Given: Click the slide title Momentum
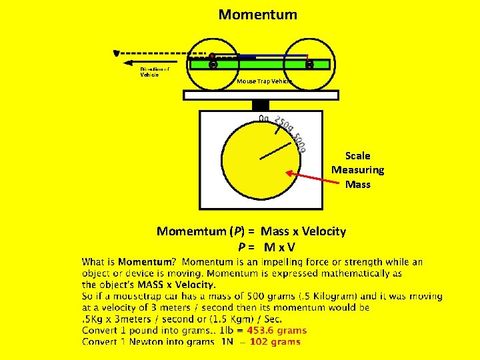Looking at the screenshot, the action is (257, 14).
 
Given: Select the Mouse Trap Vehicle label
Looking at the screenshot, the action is (264, 81).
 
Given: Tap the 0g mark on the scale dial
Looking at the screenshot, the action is (263, 119).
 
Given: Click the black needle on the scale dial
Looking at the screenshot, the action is (275, 151).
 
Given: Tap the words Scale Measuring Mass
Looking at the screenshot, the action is (358, 170).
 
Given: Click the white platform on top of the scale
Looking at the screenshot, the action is (261, 95).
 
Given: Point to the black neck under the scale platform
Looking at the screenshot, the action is (261, 105).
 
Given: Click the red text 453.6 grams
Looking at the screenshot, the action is (277, 330).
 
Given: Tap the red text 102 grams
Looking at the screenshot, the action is (275, 342).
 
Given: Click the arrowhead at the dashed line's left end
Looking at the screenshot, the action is (117, 52).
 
